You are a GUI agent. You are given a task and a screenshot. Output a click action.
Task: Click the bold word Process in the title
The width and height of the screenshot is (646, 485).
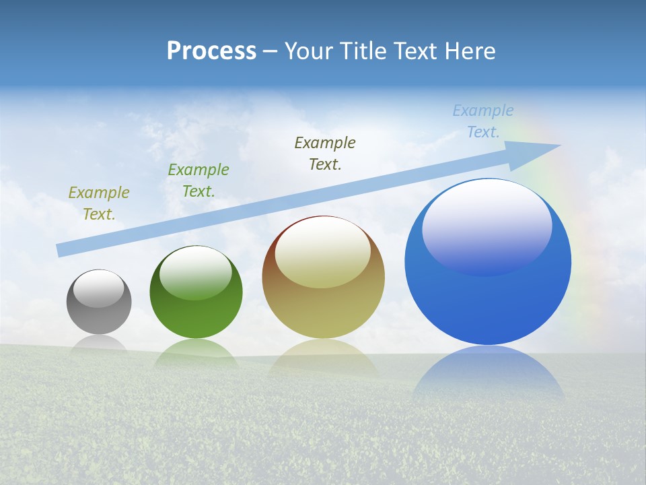(x=211, y=51)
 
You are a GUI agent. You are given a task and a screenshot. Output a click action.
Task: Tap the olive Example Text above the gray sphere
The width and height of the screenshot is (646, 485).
(x=98, y=203)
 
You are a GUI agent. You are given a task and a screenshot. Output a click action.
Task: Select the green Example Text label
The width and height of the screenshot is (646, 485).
(x=199, y=181)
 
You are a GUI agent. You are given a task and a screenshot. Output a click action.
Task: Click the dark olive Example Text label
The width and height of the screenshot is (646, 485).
(x=325, y=154)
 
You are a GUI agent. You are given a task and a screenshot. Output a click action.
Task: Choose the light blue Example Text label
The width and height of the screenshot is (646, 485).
(x=483, y=121)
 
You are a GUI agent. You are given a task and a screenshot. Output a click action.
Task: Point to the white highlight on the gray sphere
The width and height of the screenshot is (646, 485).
(x=99, y=288)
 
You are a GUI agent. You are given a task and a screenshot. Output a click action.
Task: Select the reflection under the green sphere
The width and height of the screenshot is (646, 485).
(x=196, y=354)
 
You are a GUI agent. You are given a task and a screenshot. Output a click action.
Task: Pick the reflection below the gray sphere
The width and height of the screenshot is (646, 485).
(x=99, y=344)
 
